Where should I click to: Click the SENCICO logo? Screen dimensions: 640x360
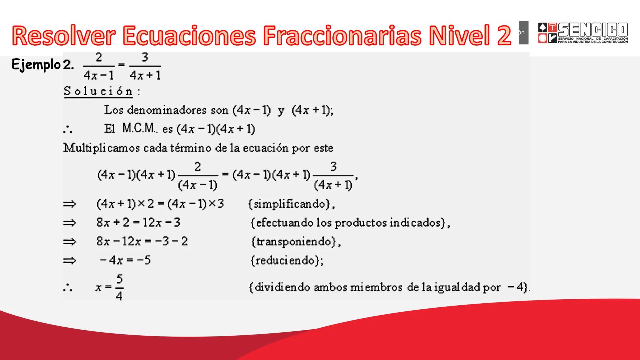(x=583, y=33)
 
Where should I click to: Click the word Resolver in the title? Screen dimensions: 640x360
(x=64, y=35)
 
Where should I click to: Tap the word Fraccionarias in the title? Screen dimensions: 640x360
(x=342, y=35)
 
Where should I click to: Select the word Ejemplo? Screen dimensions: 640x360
(x=36, y=65)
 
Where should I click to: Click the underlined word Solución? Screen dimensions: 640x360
(x=98, y=91)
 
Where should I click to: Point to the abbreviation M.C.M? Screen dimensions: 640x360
(x=138, y=128)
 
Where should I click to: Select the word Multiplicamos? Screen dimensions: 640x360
(x=101, y=148)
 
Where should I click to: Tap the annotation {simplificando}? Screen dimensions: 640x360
(x=291, y=204)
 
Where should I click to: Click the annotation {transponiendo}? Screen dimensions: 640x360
(x=296, y=242)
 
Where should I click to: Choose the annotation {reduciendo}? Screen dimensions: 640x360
(x=287, y=260)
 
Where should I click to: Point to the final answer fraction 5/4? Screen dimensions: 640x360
(x=119, y=287)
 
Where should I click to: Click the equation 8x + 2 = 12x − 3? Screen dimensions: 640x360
(x=138, y=222)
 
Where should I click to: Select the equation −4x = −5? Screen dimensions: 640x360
(x=125, y=260)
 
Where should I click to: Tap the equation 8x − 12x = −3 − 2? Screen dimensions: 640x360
(x=142, y=241)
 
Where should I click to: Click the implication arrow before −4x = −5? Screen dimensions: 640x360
(x=70, y=261)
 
